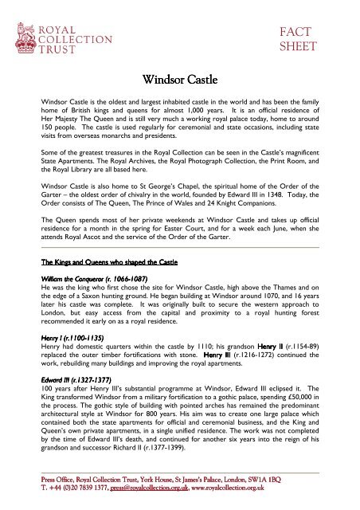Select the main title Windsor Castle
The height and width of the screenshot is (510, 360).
pyautogui.click(x=179, y=79)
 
